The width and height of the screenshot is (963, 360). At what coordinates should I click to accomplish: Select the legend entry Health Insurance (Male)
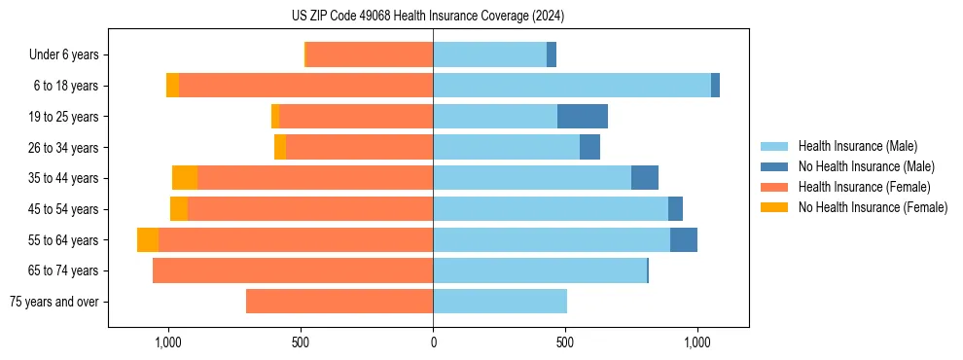pyautogui.click(x=857, y=146)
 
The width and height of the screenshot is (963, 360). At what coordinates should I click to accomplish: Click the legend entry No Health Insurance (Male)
pyautogui.click(x=866, y=166)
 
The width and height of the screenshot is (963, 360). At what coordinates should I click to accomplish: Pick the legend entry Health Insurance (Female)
pyautogui.click(x=864, y=187)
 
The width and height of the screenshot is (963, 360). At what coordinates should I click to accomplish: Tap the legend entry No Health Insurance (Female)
pyautogui.click(x=873, y=207)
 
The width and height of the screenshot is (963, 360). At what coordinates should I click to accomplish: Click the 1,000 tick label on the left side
pyautogui.click(x=167, y=342)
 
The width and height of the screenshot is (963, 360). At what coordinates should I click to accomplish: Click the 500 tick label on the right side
pyautogui.click(x=565, y=342)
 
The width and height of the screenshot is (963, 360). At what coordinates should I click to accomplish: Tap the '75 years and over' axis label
pyautogui.click(x=54, y=302)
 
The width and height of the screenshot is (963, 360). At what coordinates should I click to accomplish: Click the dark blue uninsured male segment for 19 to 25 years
pyautogui.click(x=583, y=117)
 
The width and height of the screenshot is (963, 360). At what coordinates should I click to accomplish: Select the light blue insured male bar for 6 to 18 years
pyautogui.click(x=572, y=86)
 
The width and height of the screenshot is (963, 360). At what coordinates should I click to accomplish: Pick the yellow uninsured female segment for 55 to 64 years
pyautogui.click(x=148, y=240)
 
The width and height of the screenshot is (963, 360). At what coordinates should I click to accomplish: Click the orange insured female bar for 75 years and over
pyautogui.click(x=339, y=302)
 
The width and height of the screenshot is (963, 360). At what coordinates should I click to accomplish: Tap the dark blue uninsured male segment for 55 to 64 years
pyautogui.click(x=684, y=240)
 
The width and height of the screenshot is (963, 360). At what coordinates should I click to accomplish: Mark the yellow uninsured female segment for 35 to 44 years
pyautogui.click(x=185, y=178)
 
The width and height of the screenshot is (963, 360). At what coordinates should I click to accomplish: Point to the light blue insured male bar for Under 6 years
pyautogui.click(x=489, y=55)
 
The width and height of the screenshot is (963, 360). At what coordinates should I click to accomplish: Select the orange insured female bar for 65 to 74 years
pyautogui.click(x=293, y=270)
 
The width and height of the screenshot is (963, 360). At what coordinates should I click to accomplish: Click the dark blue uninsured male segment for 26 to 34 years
pyautogui.click(x=589, y=148)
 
